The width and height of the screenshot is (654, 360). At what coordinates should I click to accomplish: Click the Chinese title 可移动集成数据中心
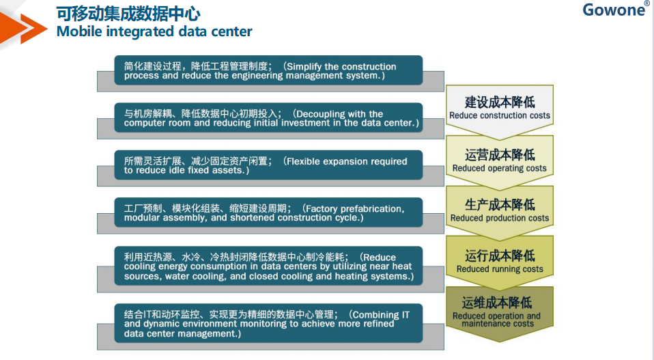(128, 14)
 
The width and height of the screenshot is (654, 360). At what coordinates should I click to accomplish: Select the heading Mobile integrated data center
(154, 31)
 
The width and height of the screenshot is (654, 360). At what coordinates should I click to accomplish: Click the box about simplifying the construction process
(268, 70)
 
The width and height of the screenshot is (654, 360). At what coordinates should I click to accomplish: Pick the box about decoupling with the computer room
(268, 117)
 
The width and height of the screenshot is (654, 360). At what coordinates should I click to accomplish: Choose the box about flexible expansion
(268, 165)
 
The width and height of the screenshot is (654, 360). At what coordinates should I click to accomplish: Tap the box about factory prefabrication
(268, 212)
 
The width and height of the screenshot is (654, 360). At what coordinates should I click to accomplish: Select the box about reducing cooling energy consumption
(268, 266)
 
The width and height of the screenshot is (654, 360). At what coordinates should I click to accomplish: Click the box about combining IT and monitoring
(268, 323)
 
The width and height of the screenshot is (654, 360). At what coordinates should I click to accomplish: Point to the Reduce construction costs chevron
(500, 111)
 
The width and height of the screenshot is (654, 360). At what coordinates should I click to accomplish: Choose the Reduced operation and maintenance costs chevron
(500, 313)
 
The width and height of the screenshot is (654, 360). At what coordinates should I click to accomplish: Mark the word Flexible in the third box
(302, 161)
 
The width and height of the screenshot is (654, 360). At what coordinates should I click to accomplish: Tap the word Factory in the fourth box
(322, 209)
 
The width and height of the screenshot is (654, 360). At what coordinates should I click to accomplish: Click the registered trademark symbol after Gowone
(647, 3)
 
